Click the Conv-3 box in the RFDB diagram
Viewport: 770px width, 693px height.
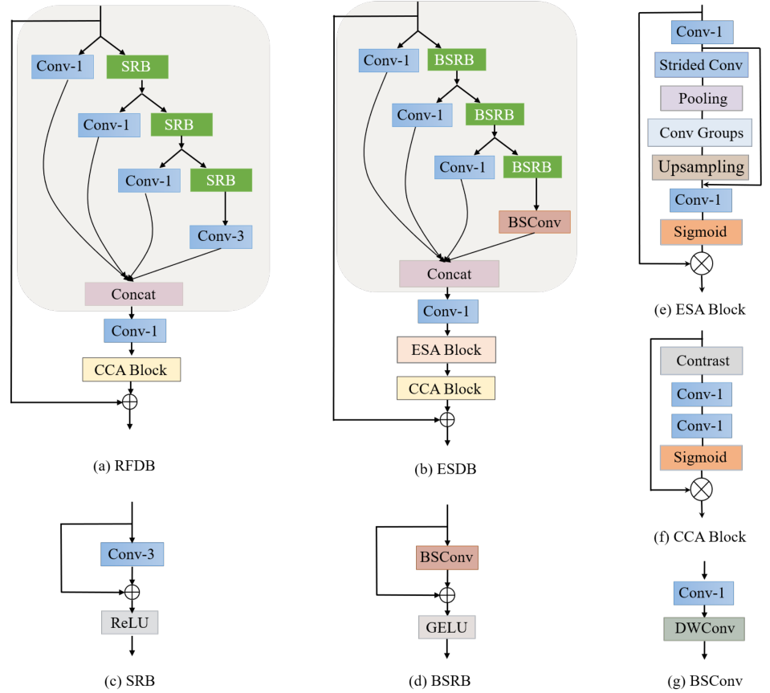point(221,236)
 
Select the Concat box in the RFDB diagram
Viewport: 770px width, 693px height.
point(134,294)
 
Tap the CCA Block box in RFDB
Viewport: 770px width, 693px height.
point(132,369)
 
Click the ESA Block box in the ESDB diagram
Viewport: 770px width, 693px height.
point(446,350)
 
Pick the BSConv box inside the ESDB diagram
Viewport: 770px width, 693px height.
point(535,221)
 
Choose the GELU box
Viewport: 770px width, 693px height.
point(446,626)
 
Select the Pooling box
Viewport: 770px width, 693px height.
point(702,99)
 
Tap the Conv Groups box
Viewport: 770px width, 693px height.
point(700,133)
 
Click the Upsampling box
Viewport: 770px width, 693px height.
point(700,167)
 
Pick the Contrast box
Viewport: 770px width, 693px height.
point(702,361)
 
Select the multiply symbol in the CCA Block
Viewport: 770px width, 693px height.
point(703,487)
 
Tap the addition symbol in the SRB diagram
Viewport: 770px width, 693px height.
point(132,592)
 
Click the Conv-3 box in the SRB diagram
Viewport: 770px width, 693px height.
point(132,553)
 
